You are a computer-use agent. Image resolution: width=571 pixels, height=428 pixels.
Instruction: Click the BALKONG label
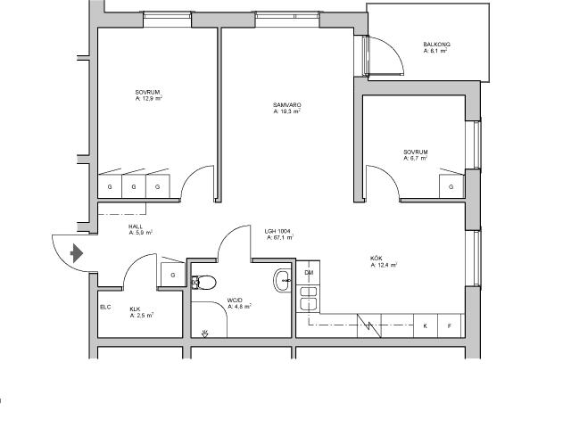(436, 45)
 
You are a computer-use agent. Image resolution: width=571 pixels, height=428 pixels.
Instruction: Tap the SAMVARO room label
(287, 105)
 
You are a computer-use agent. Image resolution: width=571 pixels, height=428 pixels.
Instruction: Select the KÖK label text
(377, 259)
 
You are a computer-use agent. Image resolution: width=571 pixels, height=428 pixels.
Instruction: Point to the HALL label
(136, 226)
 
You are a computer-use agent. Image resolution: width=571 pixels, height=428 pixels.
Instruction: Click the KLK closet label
(135, 309)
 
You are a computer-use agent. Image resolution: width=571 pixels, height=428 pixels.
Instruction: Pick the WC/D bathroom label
(235, 300)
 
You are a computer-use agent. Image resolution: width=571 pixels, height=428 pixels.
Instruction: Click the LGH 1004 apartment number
(277, 231)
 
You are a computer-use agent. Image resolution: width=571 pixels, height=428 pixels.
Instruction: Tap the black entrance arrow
(76, 253)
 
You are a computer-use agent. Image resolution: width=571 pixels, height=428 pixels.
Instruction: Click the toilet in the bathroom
(204, 283)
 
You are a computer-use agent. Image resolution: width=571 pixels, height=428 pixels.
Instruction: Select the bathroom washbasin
(282, 280)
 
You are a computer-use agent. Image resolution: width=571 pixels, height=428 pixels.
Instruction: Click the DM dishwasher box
(308, 273)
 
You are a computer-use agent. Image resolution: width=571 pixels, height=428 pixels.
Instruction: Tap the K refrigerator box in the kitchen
(426, 326)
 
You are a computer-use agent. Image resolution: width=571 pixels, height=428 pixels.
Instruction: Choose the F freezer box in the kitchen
(450, 326)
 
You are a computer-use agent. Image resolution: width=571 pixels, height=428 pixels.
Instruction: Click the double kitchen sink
(308, 299)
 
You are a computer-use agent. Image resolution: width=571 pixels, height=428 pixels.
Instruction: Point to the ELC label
(105, 308)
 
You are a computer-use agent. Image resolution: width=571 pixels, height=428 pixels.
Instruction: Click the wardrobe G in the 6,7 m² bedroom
(451, 186)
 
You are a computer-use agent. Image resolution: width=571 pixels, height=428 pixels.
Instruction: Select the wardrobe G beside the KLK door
(173, 275)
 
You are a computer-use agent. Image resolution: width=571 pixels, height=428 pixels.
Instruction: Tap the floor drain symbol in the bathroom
(204, 333)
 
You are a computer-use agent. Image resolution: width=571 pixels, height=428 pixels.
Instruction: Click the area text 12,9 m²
(149, 99)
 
